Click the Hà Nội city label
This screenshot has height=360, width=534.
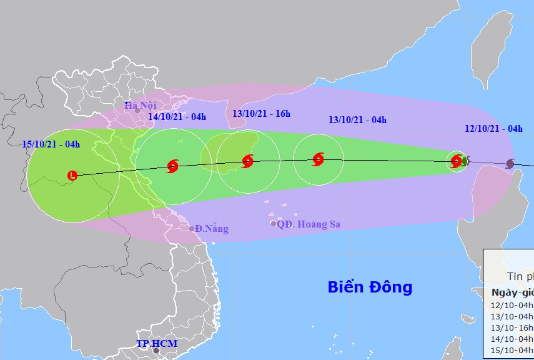140,105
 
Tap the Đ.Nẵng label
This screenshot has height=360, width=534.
212,229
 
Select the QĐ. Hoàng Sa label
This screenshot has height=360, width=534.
309,224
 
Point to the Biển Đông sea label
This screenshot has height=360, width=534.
370,287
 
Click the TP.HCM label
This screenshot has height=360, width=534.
157,344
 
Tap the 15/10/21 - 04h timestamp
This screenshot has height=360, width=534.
51,144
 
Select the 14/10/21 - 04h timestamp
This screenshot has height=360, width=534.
177,116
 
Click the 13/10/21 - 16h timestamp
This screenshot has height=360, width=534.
261,114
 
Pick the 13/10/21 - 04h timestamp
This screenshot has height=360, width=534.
357,120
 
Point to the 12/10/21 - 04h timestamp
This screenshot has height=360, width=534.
493,129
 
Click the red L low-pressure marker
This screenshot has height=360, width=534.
73,176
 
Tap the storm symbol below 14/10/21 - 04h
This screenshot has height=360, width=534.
173,166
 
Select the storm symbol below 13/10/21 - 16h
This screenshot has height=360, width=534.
247,161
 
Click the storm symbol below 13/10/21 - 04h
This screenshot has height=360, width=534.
318,159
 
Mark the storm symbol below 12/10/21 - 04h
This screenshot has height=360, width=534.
457,161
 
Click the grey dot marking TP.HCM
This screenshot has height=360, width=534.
156,351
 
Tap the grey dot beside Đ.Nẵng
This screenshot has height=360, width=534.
192,229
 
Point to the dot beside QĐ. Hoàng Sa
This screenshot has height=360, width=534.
273,224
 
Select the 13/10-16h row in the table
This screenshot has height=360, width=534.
512,327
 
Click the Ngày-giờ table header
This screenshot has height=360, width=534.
512,293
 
